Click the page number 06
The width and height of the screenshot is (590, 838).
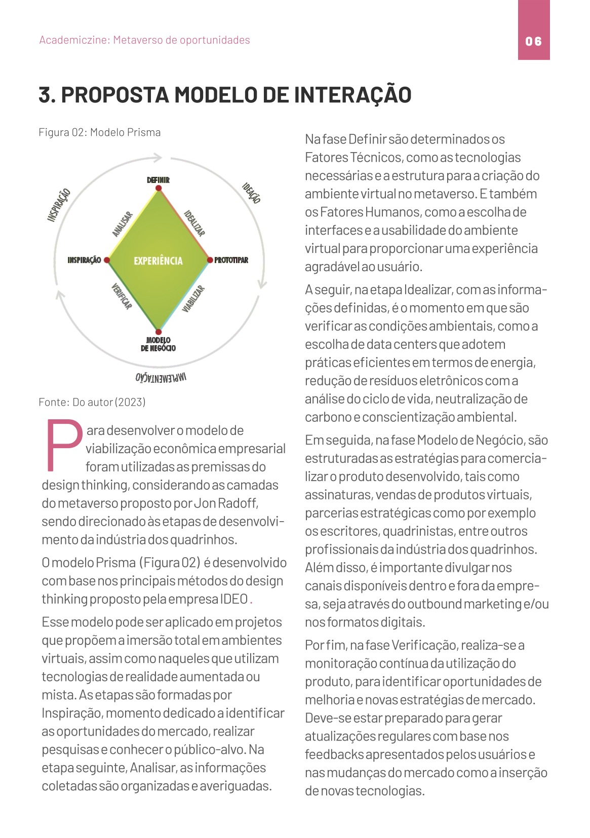tap(533, 41)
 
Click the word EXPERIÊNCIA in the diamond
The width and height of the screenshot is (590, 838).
tap(158, 261)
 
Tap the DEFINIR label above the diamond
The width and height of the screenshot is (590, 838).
tap(158, 180)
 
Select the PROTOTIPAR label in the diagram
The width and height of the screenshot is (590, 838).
tap(231, 260)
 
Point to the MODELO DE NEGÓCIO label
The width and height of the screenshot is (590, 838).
tap(159, 344)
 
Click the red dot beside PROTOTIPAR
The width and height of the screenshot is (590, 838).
tap(210, 260)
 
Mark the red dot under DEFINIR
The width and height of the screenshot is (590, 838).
tap(159, 189)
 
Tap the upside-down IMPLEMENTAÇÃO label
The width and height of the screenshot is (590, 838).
tap(161, 377)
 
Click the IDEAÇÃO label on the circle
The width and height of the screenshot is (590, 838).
tap(251, 193)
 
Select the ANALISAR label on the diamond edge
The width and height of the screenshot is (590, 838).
tap(122, 224)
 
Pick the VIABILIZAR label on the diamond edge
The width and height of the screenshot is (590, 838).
tap(193, 299)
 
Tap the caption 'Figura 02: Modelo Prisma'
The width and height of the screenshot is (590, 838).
tap(100, 132)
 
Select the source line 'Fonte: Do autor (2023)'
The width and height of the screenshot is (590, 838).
tap(92, 402)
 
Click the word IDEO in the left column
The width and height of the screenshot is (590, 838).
tap(233, 599)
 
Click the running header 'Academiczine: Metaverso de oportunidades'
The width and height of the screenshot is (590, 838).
tap(144, 40)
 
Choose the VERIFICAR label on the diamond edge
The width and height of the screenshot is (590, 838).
tap(122, 297)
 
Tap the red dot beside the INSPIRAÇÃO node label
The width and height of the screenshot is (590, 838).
tap(107, 260)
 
